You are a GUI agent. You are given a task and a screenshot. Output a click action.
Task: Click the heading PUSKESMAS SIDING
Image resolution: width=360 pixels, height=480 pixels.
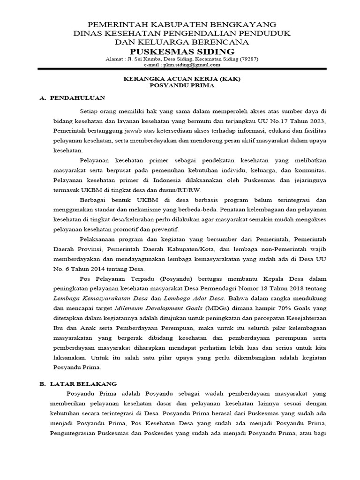coord(182,51)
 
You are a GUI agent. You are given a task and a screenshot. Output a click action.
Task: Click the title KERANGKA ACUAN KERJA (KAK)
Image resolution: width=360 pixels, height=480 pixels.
coord(182,79)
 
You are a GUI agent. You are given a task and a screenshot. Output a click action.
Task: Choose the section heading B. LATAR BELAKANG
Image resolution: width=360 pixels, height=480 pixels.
coord(78,383)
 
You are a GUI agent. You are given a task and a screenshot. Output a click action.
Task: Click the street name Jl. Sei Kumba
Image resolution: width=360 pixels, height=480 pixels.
coord(143,60)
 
